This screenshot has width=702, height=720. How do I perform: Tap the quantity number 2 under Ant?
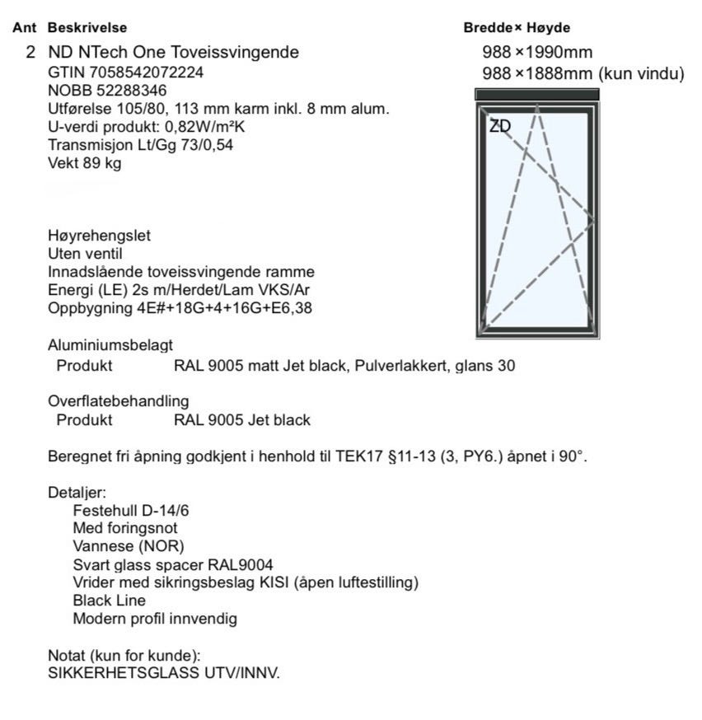pos(30,53)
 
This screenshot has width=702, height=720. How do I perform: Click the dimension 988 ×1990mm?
pos(537,53)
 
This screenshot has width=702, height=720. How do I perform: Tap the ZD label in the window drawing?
pos(499,126)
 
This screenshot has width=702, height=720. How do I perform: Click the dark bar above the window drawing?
pos(537,95)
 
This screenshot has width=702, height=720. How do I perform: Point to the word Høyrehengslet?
pos(99,236)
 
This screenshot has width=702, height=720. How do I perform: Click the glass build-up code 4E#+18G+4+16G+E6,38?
pos(217,308)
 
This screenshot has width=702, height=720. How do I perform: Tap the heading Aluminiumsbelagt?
pos(110,346)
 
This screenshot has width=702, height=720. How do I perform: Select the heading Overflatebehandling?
pos(118,401)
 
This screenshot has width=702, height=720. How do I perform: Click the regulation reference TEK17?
pos(362,456)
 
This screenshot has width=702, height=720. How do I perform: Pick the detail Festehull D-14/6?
pos(131,511)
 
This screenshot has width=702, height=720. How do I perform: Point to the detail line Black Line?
pos(110,601)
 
